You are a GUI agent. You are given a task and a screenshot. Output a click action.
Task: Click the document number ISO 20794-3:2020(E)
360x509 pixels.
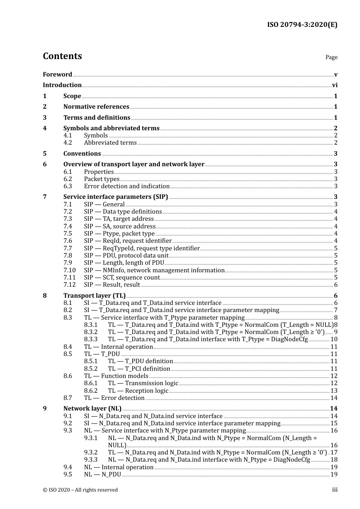(x=302, y=25)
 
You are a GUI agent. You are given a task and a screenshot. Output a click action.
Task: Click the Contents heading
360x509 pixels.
(x=62, y=56)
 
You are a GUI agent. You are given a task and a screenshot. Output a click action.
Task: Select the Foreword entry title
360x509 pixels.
(x=57, y=75)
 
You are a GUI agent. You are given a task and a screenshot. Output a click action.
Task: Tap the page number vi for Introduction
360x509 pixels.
(x=335, y=85)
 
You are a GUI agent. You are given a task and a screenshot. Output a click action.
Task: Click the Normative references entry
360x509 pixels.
(x=96, y=107)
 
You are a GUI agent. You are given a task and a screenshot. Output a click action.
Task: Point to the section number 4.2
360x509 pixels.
(x=67, y=143)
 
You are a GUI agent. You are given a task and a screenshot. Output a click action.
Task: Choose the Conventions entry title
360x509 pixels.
(x=82, y=154)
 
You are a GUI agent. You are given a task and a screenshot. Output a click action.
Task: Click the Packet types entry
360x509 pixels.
(x=102, y=179)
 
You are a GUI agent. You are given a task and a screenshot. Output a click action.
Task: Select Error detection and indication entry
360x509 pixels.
(x=127, y=186)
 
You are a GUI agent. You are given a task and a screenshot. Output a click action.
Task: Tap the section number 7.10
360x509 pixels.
(x=69, y=270)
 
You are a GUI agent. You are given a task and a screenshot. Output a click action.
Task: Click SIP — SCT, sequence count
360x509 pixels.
(x=122, y=278)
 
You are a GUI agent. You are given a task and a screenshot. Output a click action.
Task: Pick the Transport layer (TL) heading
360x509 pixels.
(x=94, y=296)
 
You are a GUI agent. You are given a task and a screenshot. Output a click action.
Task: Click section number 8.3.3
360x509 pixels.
(x=91, y=339)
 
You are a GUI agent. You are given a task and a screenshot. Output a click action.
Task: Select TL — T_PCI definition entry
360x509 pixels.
(x=139, y=369)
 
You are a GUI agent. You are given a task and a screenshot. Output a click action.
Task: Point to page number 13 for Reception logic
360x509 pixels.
(x=334, y=391)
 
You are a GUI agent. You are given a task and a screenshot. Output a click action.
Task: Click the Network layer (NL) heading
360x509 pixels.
(x=92, y=409)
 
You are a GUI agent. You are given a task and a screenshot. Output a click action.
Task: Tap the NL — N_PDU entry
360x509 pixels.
(x=102, y=475)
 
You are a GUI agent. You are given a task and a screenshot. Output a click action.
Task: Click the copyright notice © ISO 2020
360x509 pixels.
(x=80, y=490)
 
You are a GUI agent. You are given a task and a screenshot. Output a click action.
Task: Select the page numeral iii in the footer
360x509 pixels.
(x=335, y=490)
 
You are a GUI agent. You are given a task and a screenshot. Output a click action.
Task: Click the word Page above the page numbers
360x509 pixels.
(x=331, y=57)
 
